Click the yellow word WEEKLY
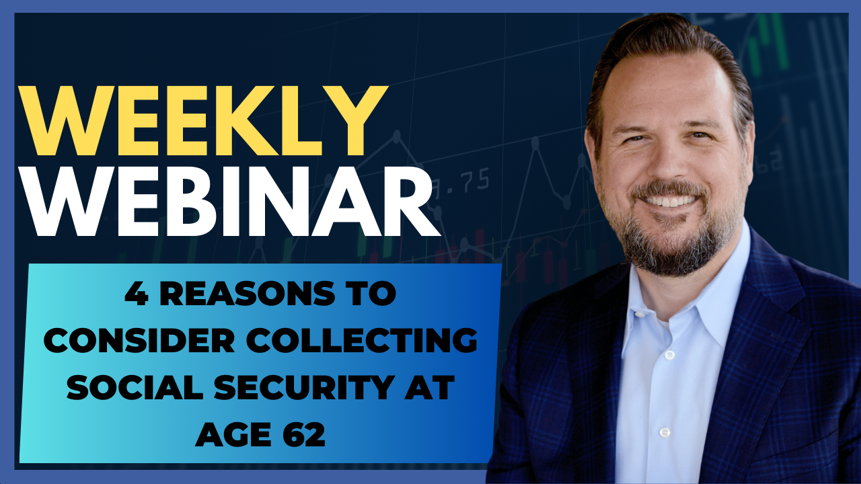pos(202,120)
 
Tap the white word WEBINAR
pos(229,202)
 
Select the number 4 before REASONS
pos(137,294)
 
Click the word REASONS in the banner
pos(247,294)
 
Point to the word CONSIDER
pos(139,340)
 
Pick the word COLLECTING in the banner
pos(362,340)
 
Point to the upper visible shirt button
pos(670,355)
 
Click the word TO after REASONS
pos(371,294)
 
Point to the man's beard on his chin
pos(671,249)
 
